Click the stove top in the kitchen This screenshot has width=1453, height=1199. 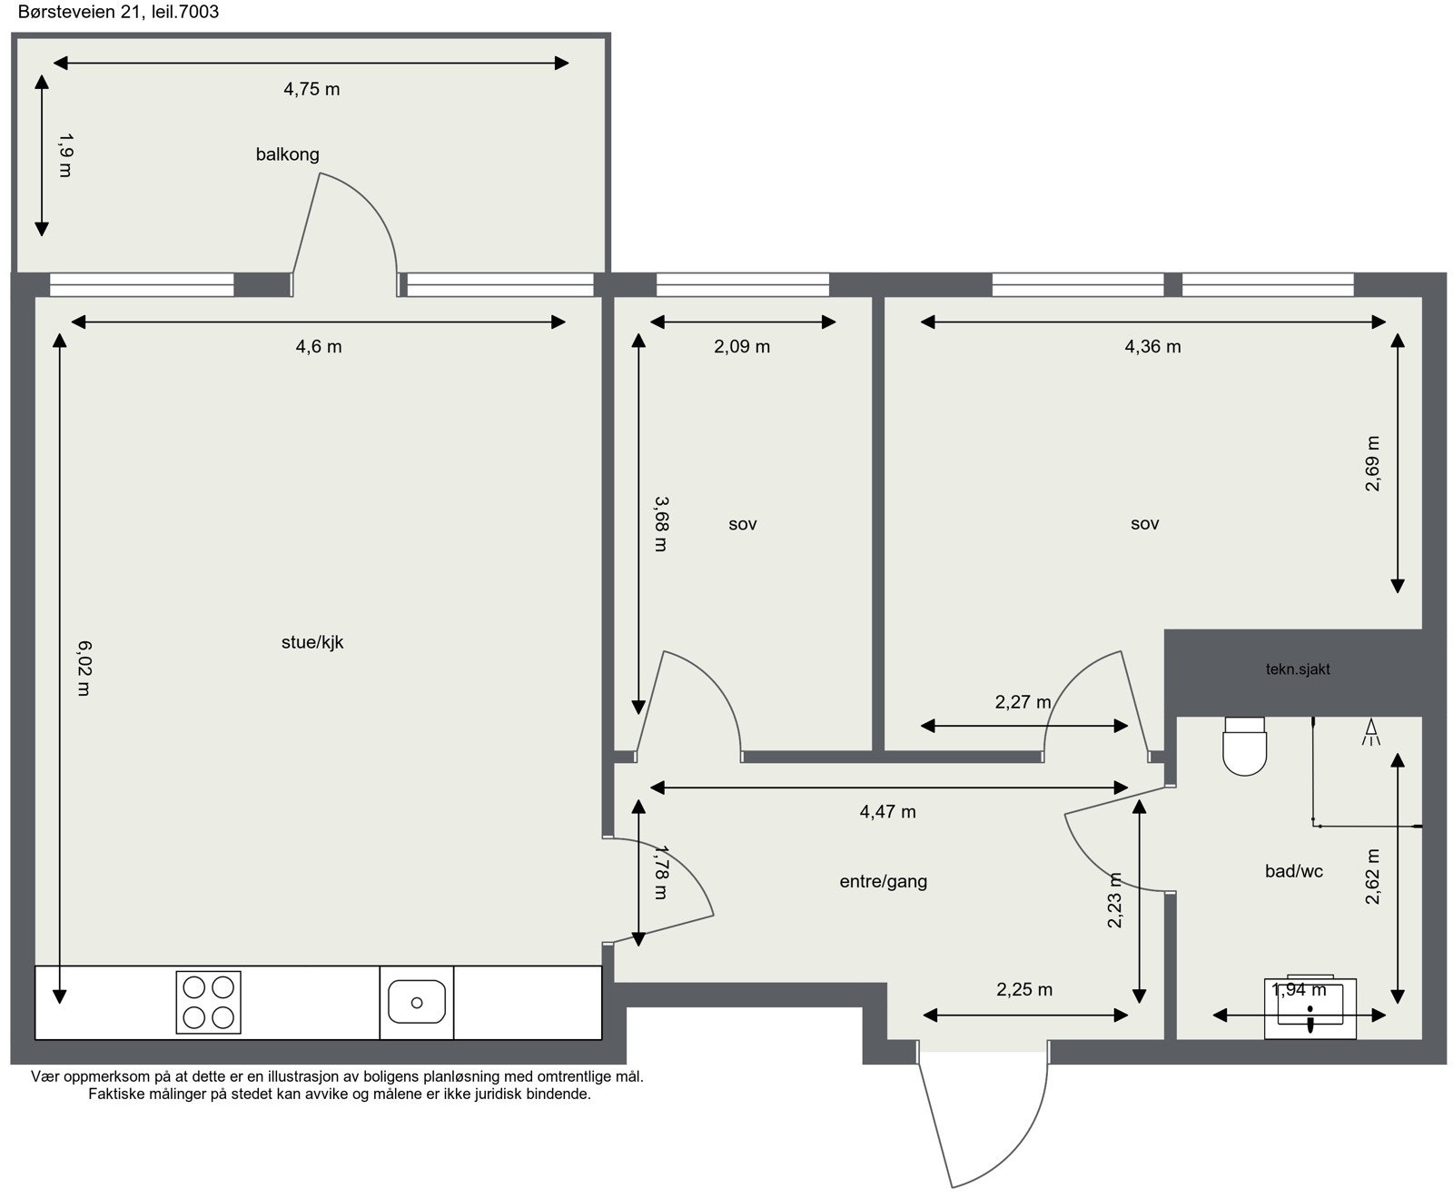click(x=208, y=1002)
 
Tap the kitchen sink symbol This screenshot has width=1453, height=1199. click(x=416, y=1002)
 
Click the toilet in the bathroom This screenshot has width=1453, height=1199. click(x=1244, y=747)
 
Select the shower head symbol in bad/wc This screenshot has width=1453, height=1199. click(x=1370, y=732)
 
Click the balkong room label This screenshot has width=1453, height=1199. click(x=287, y=154)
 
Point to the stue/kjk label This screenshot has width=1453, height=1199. click(x=312, y=642)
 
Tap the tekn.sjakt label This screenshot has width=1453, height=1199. click(x=1298, y=669)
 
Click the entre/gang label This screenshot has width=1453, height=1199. click(x=883, y=881)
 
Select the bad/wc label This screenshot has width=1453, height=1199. click(x=1293, y=871)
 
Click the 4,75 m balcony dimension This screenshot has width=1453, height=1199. click(x=311, y=89)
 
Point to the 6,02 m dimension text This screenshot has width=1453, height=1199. click(x=83, y=668)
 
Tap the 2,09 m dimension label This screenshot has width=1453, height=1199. click(x=742, y=346)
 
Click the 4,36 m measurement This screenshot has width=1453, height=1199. click(x=1152, y=346)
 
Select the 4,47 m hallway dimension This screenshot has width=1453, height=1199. click(x=887, y=812)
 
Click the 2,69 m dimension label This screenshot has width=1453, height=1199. click(x=1372, y=463)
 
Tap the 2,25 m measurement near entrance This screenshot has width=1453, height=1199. click(x=1024, y=990)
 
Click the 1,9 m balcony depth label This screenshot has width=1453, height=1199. click(x=64, y=154)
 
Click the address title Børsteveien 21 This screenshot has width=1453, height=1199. click(x=118, y=12)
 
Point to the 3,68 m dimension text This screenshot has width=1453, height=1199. click(x=660, y=523)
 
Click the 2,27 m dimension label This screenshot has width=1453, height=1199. click(x=1023, y=702)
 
